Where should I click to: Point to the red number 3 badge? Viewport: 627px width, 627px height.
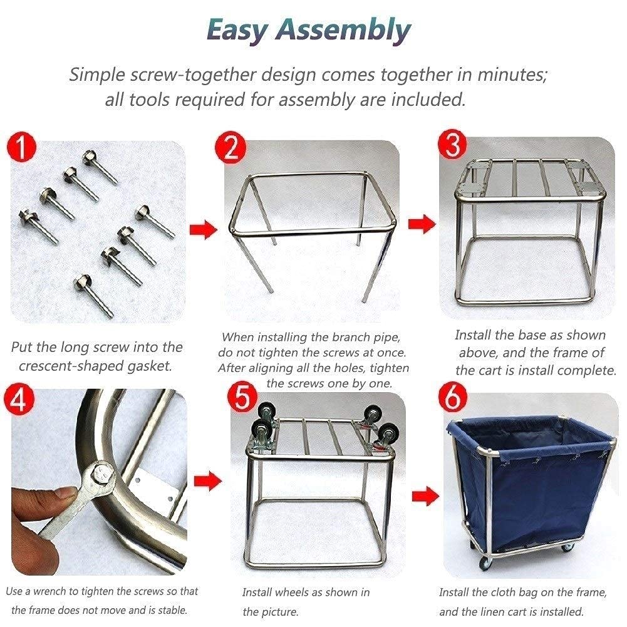[x=453, y=145]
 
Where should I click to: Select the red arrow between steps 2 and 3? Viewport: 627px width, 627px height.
[x=421, y=224]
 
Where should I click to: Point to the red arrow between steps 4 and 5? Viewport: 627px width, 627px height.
[x=207, y=482]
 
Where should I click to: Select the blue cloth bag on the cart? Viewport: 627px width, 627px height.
[x=532, y=482]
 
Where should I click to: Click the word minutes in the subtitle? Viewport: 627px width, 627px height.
[x=512, y=75]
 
